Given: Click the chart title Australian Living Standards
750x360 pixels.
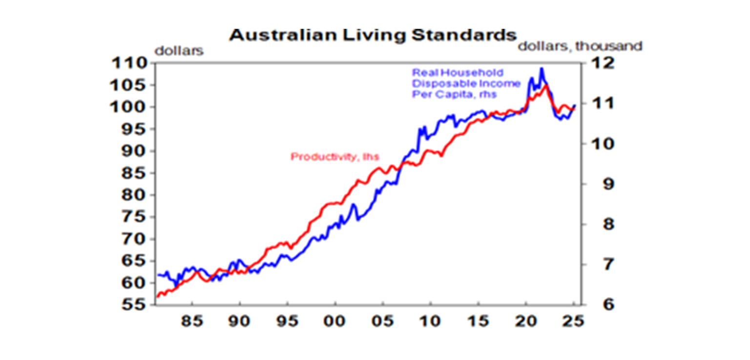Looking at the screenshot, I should pyautogui.click(x=373, y=36).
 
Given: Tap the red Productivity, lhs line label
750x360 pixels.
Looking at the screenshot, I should pyautogui.click(x=335, y=157).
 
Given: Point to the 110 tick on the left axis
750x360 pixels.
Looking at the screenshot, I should pyautogui.click(x=129, y=63).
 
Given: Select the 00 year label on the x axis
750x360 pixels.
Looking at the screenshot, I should pyautogui.click(x=334, y=323).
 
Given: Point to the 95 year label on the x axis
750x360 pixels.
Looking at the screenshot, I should pyautogui.click(x=287, y=323).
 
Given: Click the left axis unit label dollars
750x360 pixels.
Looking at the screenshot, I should pyautogui.click(x=179, y=50).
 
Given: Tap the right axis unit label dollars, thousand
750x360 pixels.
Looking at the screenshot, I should pyautogui.click(x=580, y=46).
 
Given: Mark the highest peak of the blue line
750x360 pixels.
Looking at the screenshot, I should pyautogui.click(x=541, y=69).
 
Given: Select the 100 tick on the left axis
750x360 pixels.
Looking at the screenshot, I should pyautogui.click(x=129, y=107).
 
